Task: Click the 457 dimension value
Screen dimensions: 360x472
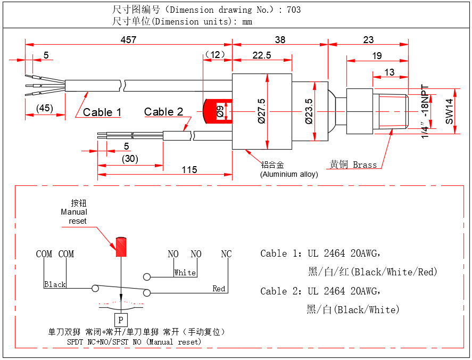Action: click(128, 40)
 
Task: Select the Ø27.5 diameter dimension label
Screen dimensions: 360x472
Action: click(261, 111)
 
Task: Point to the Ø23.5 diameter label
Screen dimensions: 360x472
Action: click(309, 111)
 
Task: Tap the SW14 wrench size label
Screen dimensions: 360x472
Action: click(450, 111)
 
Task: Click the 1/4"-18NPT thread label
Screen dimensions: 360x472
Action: click(425, 112)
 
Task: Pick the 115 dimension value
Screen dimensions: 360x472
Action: click(189, 170)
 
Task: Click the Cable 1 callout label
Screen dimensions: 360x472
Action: click(102, 112)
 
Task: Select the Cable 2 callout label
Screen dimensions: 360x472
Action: click(163, 112)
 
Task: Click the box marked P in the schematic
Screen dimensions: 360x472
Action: click(121, 320)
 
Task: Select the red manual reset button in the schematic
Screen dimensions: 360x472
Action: click(121, 247)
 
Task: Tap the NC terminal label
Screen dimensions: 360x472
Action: click(226, 254)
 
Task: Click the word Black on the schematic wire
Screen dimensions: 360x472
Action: click(55, 284)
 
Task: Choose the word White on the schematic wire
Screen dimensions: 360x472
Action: click(185, 273)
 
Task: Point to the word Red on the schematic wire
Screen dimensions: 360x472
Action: click(219, 289)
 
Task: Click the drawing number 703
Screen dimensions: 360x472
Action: click(293, 10)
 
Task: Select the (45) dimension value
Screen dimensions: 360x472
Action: click(45, 109)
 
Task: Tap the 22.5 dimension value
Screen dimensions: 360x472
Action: click(262, 55)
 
